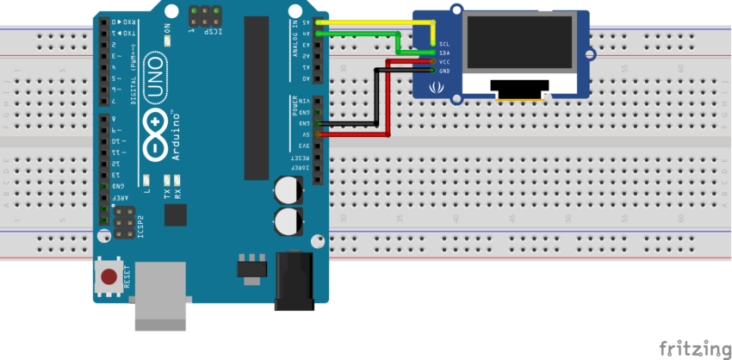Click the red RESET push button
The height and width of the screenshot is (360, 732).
(x=109, y=276)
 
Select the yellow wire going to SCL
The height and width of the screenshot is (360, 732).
(x=370, y=22)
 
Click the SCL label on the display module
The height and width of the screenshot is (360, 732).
(x=444, y=43)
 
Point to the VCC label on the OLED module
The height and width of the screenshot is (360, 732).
(x=444, y=61)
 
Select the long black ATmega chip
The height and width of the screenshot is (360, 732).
(x=256, y=99)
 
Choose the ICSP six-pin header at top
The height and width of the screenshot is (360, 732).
(x=204, y=15)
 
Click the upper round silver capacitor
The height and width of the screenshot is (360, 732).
(x=287, y=190)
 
